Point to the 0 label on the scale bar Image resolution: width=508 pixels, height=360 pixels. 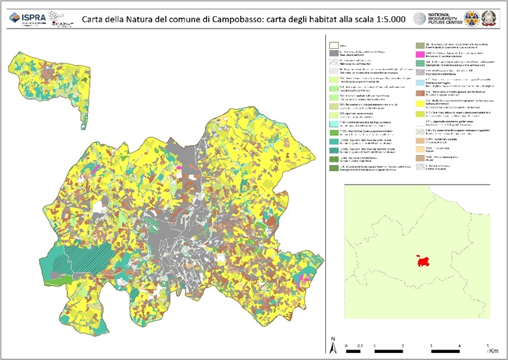click(x=347, y=346)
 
